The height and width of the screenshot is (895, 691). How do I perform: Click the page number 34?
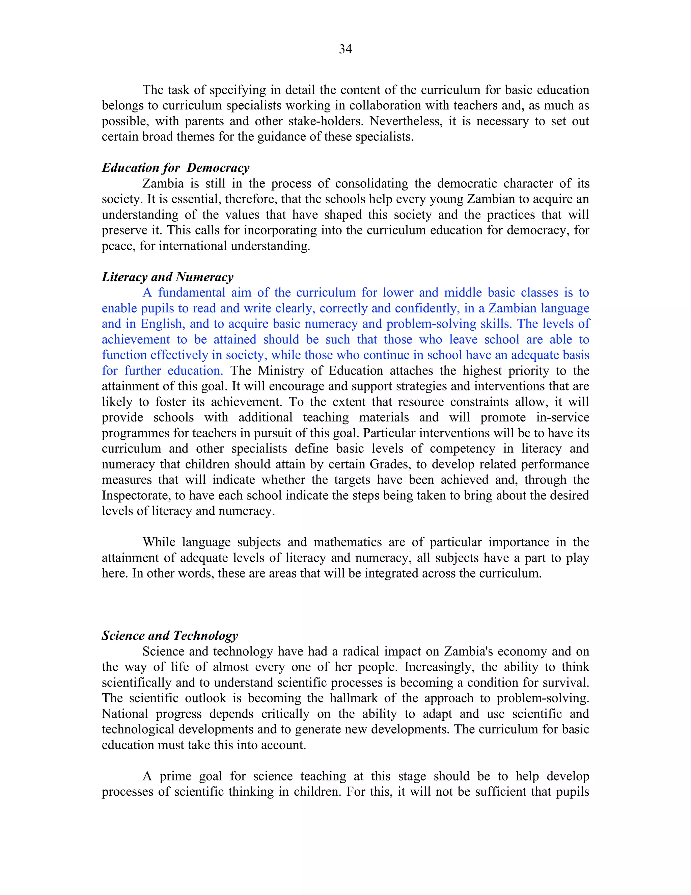click(x=345, y=49)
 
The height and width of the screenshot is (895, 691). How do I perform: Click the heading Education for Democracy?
click(x=175, y=168)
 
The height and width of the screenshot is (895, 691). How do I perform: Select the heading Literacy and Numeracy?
click(x=167, y=277)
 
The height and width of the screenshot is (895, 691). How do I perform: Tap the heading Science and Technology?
click(x=169, y=636)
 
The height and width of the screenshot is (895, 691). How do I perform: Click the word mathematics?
click(x=348, y=542)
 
